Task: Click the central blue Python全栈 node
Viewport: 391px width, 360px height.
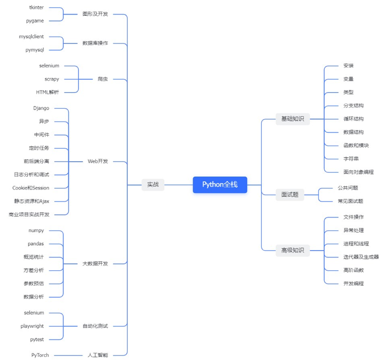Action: click(220, 185)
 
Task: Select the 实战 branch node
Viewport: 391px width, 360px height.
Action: click(153, 185)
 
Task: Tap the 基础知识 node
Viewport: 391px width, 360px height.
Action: click(292, 119)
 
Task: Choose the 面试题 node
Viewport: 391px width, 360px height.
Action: click(290, 195)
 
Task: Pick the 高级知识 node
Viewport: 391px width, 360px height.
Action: click(292, 250)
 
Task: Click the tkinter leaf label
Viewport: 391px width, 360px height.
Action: click(36, 8)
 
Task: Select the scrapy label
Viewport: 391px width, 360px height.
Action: click(52, 79)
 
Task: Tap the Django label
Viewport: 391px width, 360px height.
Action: click(41, 108)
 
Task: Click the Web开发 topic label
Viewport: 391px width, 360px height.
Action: click(97, 161)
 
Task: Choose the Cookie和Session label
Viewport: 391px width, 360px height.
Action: click(31, 188)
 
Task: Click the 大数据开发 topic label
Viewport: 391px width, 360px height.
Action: click(95, 263)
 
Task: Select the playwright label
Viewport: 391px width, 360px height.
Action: click(32, 326)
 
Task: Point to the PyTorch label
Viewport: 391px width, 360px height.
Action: click(40, 355)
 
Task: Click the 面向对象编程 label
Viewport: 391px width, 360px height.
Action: click(358, 172)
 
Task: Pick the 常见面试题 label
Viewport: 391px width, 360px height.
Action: click(350, 201)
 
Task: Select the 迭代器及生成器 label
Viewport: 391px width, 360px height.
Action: click(361, 257)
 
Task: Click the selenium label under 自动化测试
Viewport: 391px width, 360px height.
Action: click(34, 313)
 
